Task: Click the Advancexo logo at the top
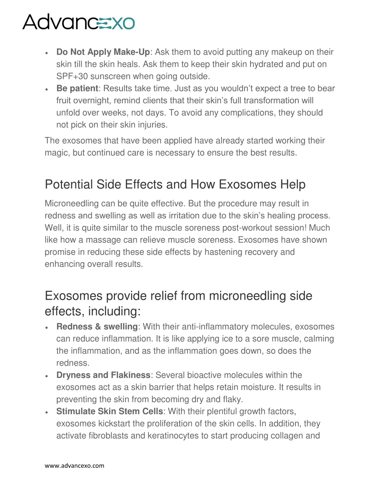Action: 79,22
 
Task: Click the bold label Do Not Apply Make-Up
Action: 103,52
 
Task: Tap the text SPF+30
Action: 72,76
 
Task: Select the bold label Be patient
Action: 77,88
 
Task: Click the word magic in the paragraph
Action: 56,153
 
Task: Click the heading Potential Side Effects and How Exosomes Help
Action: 175,185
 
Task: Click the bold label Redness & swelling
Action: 97,327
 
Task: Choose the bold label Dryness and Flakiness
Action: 103,375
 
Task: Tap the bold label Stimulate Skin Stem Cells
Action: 109,411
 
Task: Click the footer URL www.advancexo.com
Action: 74,466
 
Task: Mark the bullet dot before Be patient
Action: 46,89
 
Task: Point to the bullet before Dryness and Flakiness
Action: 46,376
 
